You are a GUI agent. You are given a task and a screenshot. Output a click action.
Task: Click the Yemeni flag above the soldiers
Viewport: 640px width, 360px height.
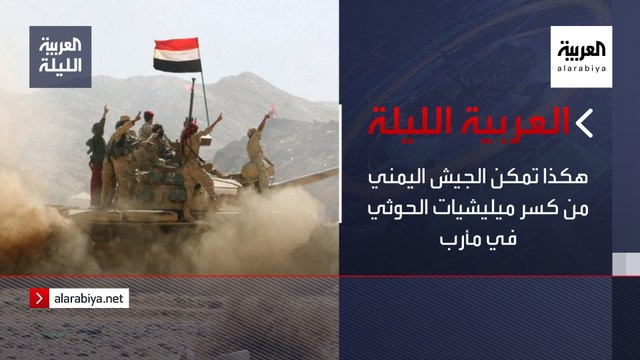click(x=177, y=56)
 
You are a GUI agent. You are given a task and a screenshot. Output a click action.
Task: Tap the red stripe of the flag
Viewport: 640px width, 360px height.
click(x=177, y=45)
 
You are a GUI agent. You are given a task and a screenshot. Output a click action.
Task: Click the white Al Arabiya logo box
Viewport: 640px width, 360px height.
click(x=580, y=57)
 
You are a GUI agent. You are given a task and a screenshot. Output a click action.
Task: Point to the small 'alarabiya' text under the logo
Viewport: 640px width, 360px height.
click(x=580, y=72)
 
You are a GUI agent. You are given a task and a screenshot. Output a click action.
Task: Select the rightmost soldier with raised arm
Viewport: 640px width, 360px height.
click(x=258, y=150)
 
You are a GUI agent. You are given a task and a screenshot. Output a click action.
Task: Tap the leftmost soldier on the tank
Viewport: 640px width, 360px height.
click(x=97, y=150)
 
